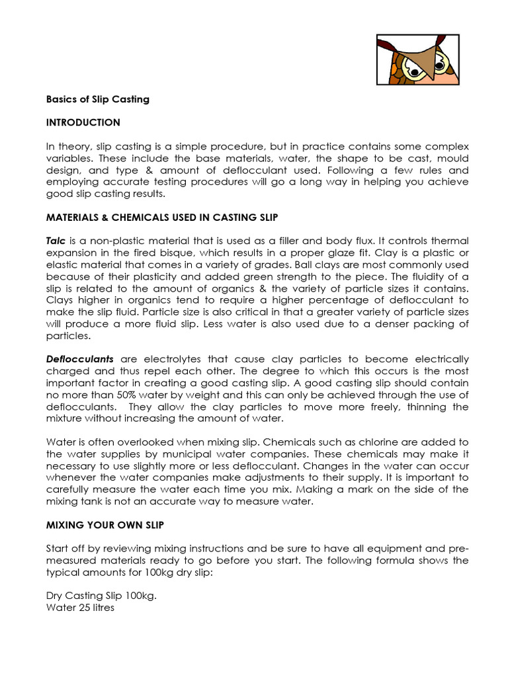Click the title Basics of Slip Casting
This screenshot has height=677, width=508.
pos(98,99)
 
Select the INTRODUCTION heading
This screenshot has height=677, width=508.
pos(83,122)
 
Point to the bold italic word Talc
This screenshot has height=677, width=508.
pos(56,241)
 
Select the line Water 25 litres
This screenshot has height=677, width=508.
pos(80,607)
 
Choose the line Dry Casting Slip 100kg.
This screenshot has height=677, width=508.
pos(103,595)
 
